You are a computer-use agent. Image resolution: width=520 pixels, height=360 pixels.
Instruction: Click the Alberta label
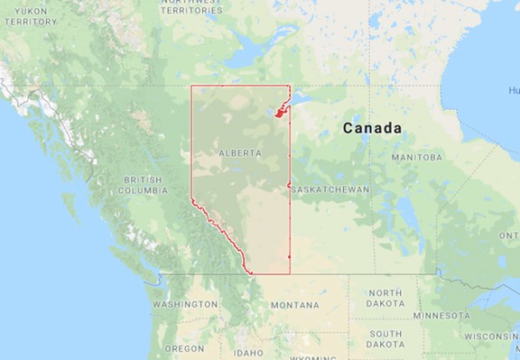(x=240, y=153)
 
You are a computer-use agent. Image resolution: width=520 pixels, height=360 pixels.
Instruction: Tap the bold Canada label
(x=372, y=129)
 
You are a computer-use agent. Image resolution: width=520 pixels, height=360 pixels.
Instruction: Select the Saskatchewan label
(x=331, y=189)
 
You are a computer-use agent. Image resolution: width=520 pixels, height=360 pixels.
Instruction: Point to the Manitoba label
(x=417, y=157)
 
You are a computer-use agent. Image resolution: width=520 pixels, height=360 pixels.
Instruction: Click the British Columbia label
(x=145, y=185)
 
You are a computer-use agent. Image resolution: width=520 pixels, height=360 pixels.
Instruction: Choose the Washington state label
(x=185, y=305)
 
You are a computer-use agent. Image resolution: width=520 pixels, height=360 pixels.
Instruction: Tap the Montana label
(x=294, y=305)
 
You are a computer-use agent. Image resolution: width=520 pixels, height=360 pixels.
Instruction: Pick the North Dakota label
(x=385, y=299)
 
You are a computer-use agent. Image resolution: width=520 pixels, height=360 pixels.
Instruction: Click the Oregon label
(x=184, y=348)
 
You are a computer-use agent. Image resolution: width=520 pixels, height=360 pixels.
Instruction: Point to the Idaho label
(x=246, y=353)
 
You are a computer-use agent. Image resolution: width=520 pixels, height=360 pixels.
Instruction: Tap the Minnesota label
(x=442, y=316)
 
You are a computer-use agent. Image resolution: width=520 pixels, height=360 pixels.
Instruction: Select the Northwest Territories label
(x=191, y=5)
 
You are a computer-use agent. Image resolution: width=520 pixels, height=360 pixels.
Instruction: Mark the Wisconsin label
(x=491, y=336)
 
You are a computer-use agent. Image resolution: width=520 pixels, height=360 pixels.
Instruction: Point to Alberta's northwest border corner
(x=191, y=86)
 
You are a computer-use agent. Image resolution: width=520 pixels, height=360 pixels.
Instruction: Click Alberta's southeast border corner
(x=289, y=272)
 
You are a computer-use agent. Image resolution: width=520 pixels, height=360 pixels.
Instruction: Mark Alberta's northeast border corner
(x=289, y=86)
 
